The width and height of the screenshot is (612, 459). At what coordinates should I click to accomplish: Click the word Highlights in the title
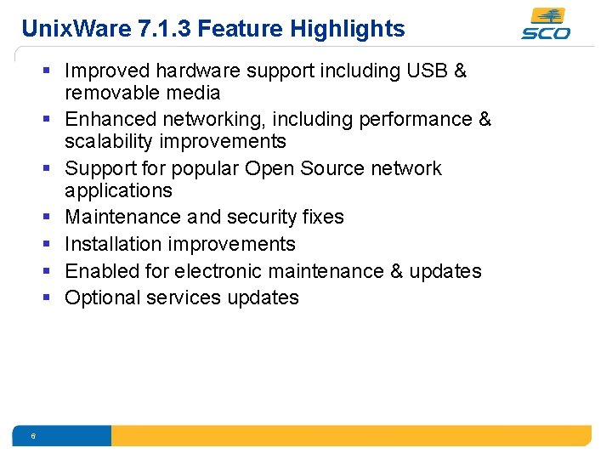[348, 29]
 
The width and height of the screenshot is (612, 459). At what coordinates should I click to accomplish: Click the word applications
[118, 190]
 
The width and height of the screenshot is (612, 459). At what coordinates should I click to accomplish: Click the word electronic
[223, 271]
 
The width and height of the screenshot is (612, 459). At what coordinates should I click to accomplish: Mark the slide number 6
[32, 436]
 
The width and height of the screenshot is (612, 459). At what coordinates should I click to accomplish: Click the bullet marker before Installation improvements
[51, 245]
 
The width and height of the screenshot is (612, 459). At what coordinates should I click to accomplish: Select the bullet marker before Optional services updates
[51, 298]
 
